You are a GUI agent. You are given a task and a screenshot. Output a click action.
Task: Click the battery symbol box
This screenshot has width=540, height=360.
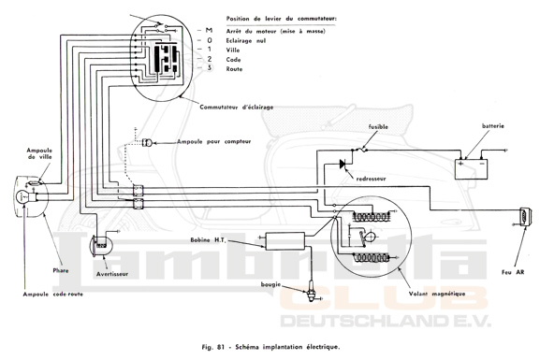[472, 169]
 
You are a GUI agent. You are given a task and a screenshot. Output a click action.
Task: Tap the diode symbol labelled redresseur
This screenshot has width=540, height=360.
[343, 165]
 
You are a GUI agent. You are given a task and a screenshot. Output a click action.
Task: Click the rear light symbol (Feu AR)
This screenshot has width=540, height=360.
[525, 218]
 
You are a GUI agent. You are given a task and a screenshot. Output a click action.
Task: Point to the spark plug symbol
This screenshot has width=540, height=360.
[312, 292]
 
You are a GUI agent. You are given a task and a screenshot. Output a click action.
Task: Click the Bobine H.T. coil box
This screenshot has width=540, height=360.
[285, 241]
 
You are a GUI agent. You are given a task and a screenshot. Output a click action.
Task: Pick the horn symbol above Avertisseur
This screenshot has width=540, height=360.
[100, 246]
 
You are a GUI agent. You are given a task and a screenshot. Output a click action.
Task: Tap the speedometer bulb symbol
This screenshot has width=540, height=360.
[148, 142]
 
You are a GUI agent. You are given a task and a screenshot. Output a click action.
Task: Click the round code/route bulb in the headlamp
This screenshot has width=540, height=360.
[22, 196]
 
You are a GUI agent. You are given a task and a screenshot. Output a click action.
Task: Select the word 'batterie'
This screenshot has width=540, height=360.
[493, 126]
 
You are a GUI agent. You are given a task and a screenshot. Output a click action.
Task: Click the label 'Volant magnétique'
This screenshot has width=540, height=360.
[437, 294]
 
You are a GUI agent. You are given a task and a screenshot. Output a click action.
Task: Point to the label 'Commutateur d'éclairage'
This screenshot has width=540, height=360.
[236, 107]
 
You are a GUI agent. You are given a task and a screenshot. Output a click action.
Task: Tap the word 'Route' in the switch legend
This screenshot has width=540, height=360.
[234, 69]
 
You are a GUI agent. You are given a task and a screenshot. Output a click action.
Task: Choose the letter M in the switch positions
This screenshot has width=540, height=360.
[209, 31]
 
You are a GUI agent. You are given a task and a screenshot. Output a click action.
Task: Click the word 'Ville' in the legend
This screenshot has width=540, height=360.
[233, 50]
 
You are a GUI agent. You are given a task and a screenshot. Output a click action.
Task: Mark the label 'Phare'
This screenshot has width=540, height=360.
[61, 270]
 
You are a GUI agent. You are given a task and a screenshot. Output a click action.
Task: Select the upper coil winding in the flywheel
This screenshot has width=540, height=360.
[372, 217]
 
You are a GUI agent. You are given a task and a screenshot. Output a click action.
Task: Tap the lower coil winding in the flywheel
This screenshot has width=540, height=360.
[372, 257]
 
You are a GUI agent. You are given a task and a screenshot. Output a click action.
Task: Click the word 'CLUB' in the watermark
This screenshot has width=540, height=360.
[384, 298]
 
